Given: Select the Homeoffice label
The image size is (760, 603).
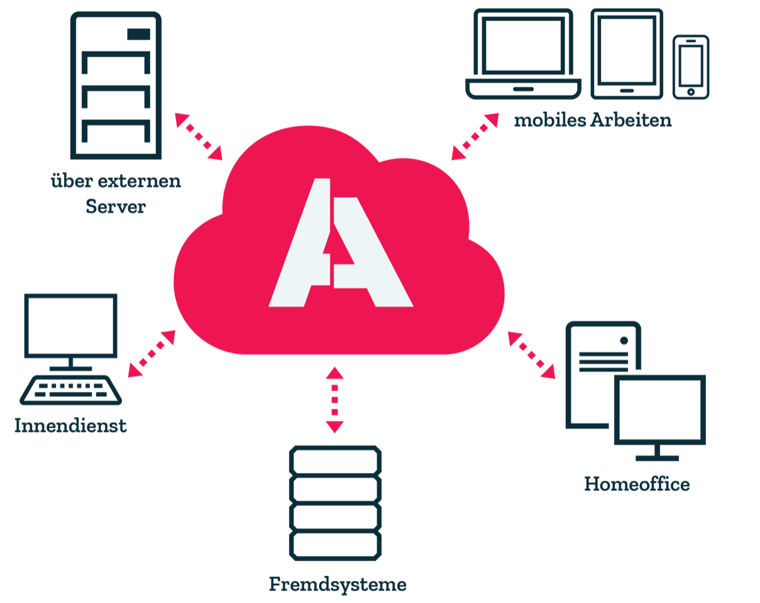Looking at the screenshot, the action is (x=637, y=484).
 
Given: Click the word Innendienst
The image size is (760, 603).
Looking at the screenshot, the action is (x=70, y=425).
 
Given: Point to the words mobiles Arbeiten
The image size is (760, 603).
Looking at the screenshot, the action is (x=593, y=120).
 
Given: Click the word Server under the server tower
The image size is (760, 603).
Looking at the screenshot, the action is (x=116, y=206).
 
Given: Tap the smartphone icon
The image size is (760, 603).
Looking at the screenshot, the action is (x=691, y=67).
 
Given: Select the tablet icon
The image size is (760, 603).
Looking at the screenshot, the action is (x=627, y=54).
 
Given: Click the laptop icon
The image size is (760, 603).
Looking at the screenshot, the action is (x=523, y=54).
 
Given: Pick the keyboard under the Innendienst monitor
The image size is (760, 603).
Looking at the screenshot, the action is (x=70, y=390).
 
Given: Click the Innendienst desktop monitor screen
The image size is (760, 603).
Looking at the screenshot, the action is (x=70, y=325).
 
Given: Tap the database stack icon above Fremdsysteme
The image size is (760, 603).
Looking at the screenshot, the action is (x=335, y=503).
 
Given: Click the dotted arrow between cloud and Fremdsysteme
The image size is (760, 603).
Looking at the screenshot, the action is (x=334, y=400).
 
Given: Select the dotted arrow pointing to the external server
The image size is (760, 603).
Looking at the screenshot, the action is (x=199, y=136).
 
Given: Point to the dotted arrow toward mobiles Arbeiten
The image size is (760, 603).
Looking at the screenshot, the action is (x=475, y=136).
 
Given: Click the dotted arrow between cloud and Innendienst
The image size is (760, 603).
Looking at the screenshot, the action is (x=151, y=354).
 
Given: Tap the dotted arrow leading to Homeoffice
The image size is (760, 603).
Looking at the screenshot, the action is (x=532, y=356).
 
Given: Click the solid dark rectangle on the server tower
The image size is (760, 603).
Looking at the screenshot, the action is (x=138, y=34).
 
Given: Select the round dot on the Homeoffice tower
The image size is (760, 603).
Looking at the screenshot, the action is (x=624, y=340).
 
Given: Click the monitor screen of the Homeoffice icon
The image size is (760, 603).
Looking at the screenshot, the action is (x=659, y=410).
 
